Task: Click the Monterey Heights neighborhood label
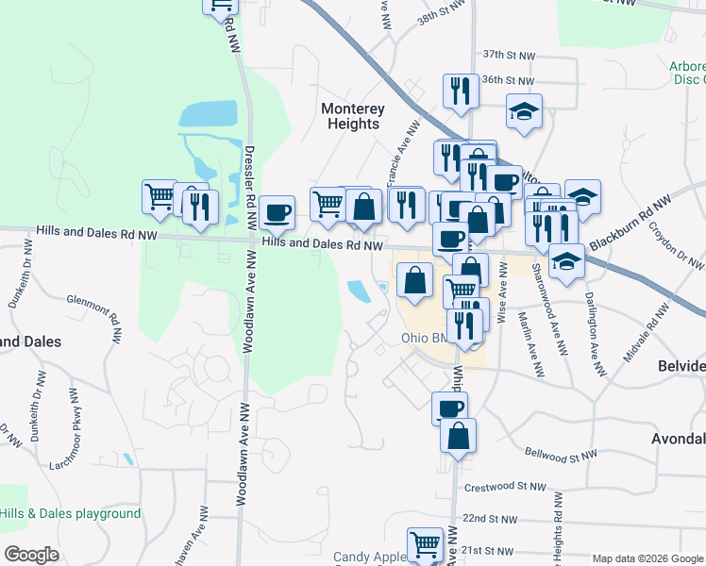(351, 116)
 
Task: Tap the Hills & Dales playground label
(71, 514)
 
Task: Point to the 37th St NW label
(508, 56)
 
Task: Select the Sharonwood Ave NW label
(537, 297)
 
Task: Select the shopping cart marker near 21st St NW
(425, 544)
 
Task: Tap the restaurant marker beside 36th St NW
(460, 91)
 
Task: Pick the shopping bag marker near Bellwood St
(458, 436)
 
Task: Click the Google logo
(31, 555)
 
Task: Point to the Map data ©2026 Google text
(647, 558)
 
